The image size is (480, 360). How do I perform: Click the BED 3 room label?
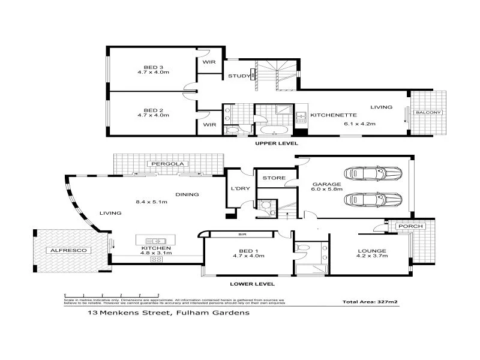click(x=153, y=67)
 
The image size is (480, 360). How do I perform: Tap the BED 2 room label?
click(x=153, y=110)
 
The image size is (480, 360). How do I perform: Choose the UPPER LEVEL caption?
click(x=276, y=144)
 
